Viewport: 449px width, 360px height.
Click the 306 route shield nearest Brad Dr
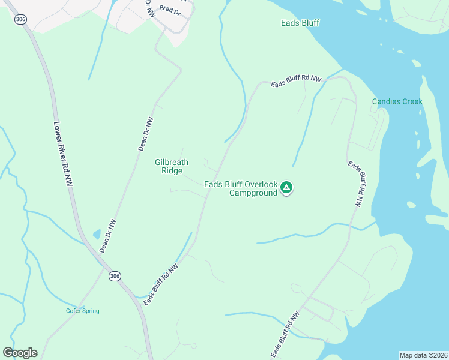(x=21, y=19)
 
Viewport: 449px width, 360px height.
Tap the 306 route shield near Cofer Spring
(x=115, y=276)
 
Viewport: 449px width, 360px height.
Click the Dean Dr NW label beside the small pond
(x=107, y=235)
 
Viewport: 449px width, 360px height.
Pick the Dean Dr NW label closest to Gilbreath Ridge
(x=146, y=133)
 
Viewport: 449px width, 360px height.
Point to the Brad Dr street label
(x=170, y=11)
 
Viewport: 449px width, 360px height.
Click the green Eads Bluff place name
(x=300, y=23)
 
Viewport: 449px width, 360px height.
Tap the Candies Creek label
(x=397, y=101)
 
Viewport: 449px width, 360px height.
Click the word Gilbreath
(x=172, y=162)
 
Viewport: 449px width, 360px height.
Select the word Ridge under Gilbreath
(x=172, y=170)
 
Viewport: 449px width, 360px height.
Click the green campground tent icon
(x=287, y=188)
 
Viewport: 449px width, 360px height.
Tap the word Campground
(x=253, y=193)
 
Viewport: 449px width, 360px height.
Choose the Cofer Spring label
(x=83, y=311)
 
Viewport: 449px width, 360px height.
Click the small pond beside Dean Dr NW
(x=97, y=234)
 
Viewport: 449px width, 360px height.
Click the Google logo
(x=20, y=353)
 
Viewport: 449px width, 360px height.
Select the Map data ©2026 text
(x=423, y=355)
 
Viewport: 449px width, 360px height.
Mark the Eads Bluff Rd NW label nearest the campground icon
(x=355, y=184)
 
